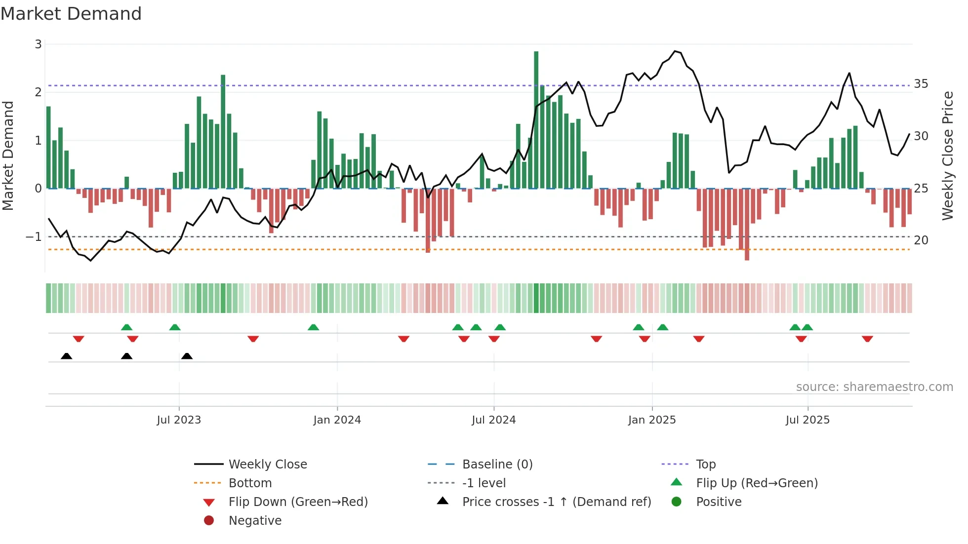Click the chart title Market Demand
[x=71, y=14]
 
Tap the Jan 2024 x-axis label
[x=337, y=420]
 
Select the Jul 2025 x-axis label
[x=807, y=420]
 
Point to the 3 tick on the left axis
[x=38, y=44]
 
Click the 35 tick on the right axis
[x=921, y=84]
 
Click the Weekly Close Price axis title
[x=947, y=155]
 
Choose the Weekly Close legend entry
[x=267, y=465]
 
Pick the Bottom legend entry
[x=250, y=483]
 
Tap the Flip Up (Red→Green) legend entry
[x=757, y=483]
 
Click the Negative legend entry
[x=255, y=521]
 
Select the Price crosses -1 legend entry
[x=556, y=502]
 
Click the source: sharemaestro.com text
[x=874, y=387]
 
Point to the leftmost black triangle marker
[x=66, y=356]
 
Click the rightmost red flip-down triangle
[x=867, y=339]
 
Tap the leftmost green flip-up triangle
[x=126, y=327]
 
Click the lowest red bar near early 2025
[x=747, y=225]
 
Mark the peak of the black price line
[x=675, y=51]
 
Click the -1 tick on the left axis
[x=34, y=237]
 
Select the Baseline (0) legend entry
[x=497, y=465]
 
